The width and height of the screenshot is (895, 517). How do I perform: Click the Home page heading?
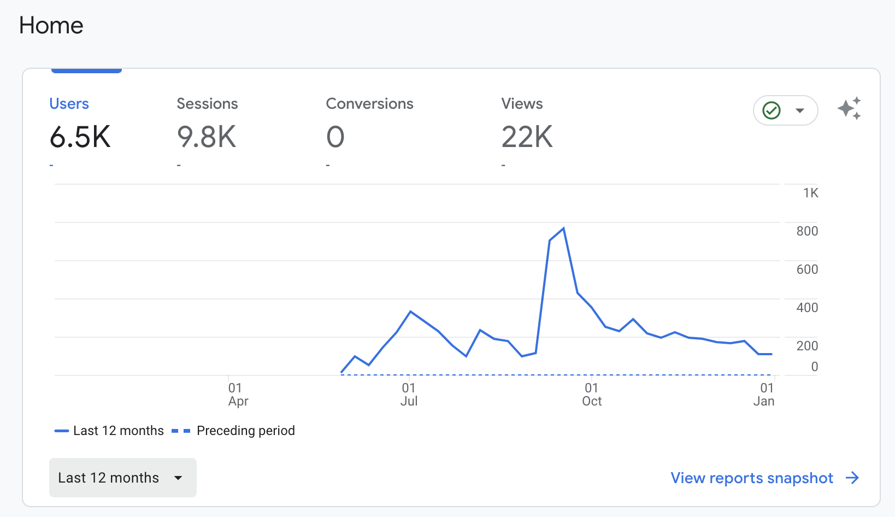point(51,25)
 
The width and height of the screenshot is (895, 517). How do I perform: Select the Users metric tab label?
point(69,104)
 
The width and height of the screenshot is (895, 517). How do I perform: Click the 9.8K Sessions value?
point(207,137)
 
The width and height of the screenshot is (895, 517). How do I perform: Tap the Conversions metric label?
point(369,104)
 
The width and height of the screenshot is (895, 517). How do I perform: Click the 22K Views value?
point(527,137)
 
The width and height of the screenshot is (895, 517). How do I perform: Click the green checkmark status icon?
point(771,110)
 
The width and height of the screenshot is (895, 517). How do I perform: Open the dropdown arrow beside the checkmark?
point(800,110)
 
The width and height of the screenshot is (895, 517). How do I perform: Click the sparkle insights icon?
point(849,108)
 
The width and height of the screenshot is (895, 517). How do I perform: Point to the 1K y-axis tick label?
point(810,193)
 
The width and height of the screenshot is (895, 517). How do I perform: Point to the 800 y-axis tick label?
point(807,231)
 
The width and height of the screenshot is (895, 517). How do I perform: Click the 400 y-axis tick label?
point(807,308)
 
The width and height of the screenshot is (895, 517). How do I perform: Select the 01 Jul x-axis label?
point(409,395)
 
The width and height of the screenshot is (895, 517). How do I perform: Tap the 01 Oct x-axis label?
point(592,395)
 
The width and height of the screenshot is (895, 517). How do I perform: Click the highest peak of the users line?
point(563,228)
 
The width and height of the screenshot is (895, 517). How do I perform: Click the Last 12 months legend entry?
point(109,431)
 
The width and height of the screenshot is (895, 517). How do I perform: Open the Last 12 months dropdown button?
point(122,478)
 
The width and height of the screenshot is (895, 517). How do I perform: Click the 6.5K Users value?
point(80,137)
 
